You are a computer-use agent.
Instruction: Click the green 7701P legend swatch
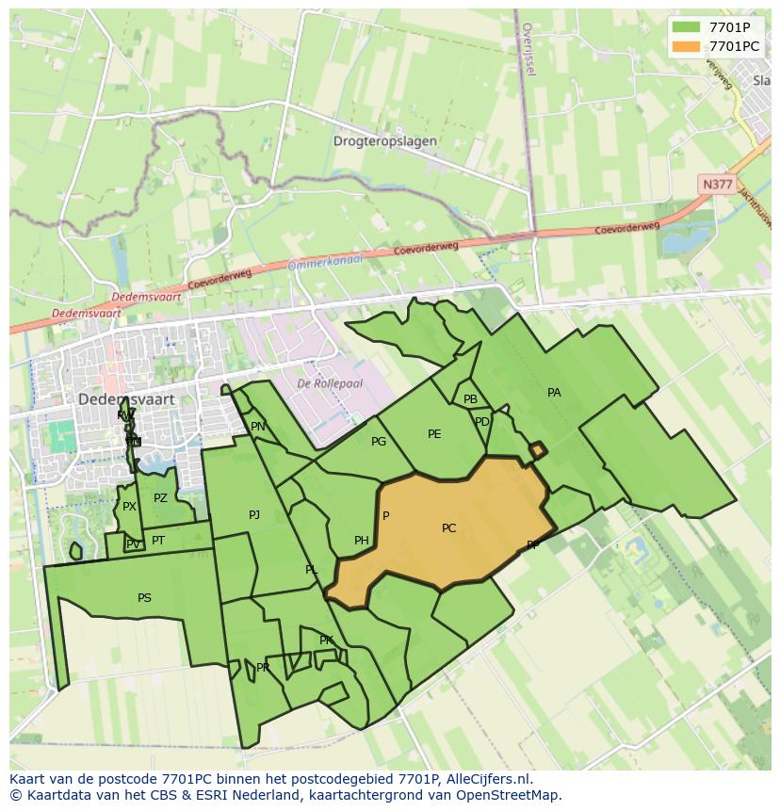tap(687, 27)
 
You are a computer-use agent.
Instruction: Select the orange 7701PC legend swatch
tap(687, 46)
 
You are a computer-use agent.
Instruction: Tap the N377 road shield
tap(717, 185)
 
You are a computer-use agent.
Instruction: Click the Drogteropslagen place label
tap(384, 141)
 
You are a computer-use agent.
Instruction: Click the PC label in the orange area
tap(448, 528)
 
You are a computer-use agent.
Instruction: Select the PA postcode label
tap(554, 393)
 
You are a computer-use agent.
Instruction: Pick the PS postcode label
tap(144, 598)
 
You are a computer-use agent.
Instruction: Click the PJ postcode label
tap(254, 515)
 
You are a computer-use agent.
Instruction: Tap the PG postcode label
tap(379, 442)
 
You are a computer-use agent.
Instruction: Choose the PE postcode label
tap(434, 434)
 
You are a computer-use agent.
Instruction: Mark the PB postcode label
tap(470, 399)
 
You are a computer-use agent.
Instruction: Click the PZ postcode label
tap(160, 498)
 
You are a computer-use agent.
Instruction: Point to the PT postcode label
tap(158, 541)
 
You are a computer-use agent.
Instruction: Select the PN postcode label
tap(258, 427)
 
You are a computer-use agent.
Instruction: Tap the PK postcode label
tap(326, 641)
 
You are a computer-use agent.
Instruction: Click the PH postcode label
tap(362, 541)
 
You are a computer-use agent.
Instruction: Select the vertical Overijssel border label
tap(528, 51)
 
